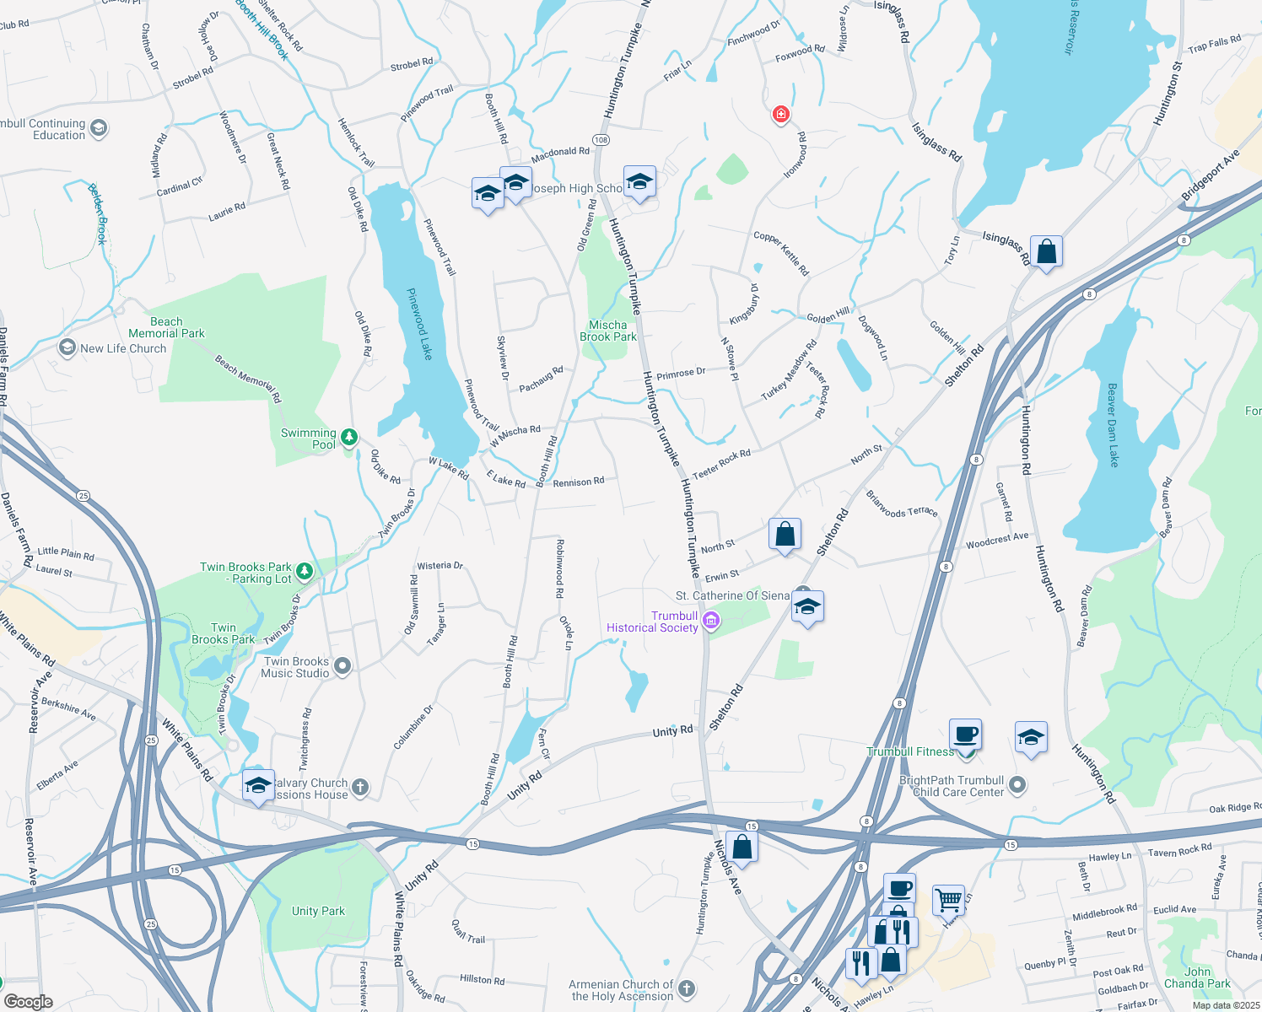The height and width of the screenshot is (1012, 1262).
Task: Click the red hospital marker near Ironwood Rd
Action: coord(781,114)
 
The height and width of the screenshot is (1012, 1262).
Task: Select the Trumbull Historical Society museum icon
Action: coord(711,622)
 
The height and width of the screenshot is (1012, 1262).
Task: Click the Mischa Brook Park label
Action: coord(608,331)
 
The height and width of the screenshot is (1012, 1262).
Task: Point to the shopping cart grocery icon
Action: coord(948,900)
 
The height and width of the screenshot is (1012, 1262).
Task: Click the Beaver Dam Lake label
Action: coord(1113,425)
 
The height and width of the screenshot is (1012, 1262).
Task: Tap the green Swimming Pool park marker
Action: coord(348,438)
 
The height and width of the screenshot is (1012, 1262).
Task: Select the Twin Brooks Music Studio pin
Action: coord(342,667)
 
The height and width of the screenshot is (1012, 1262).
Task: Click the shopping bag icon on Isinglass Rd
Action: coord(1046,251)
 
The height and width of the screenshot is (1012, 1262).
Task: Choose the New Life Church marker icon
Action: coord(67,347)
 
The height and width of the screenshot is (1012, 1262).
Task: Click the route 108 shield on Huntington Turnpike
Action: coord(601,140)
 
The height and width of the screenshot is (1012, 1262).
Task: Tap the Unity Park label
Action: coord(318,911)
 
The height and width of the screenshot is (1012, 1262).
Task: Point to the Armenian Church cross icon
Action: coord(687,989)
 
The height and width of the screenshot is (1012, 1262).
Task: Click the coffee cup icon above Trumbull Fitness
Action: coord(965,734)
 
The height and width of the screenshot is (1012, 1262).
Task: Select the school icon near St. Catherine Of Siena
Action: coord(807,607)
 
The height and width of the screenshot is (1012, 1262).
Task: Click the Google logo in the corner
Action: coord(29,1002)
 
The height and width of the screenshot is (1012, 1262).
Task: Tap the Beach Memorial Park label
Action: coord(166,327)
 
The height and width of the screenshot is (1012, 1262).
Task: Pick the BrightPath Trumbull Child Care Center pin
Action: coord(1017,785)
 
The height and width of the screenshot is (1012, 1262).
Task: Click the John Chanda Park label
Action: coord(1197,977)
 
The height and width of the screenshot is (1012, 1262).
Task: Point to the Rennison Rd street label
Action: coord(579,482)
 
